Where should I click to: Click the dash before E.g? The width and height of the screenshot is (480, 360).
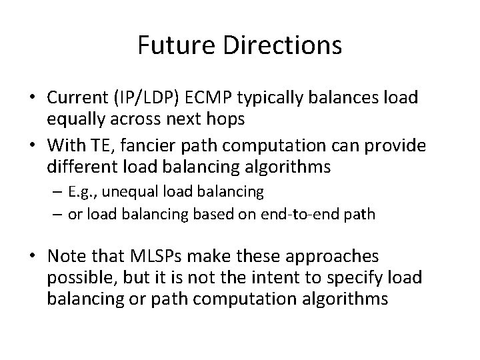tap(57, 193)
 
